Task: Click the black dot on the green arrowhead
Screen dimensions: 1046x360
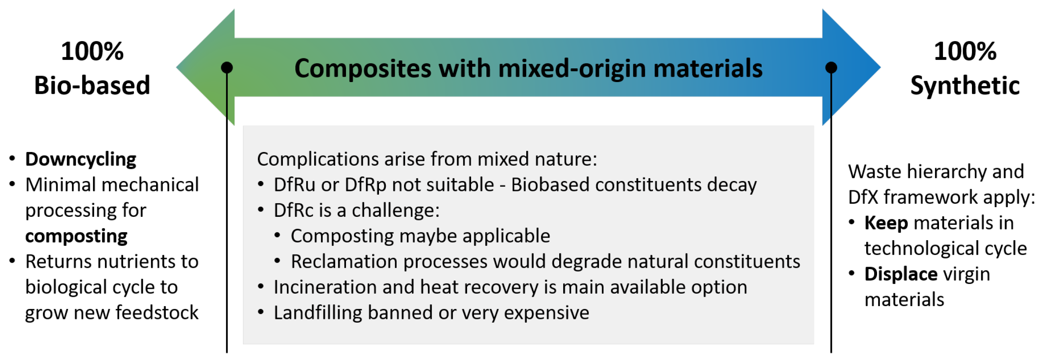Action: pyautogui.click(x=226, y=67)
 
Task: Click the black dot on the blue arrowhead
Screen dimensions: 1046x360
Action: pyautogui.click(x=831, y=67)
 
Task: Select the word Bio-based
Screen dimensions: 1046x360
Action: pyautogui.click(x=92, y=85)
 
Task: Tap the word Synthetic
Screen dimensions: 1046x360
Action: pyautogui.click(x=965, y=86)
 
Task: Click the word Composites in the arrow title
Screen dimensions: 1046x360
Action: pyautogui.click(x=362, y=69)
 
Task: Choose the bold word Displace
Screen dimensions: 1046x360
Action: pyautogui.click(x=901, y=274)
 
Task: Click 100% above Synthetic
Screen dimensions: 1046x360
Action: pyautogui.click(x=965, y=51)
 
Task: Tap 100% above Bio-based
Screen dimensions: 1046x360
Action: pyautogui.click(x=92, y=51)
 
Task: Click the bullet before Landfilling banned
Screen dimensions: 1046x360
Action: pyautogui.click(x=261, y=312)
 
